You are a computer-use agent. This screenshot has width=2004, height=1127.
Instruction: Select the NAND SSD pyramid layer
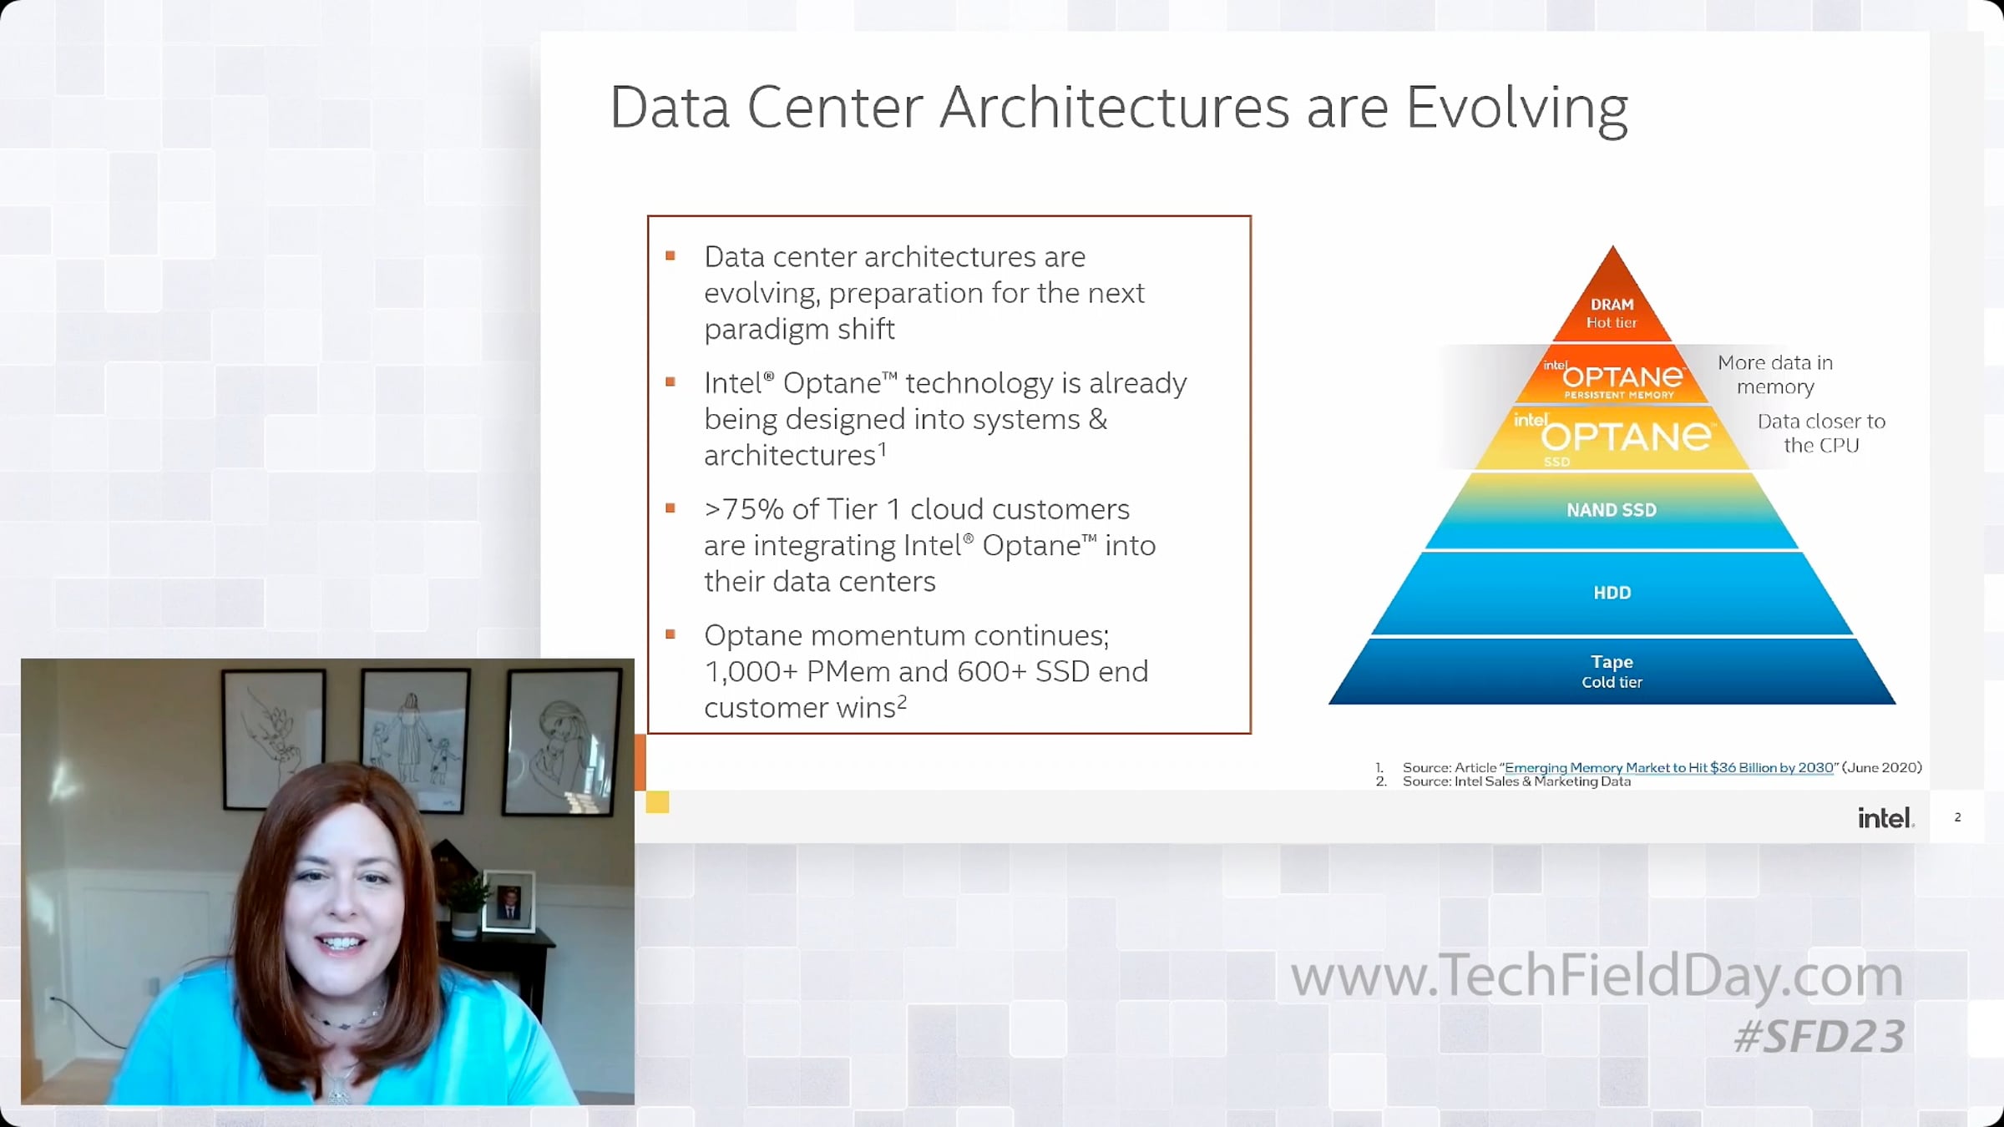(1612, 510)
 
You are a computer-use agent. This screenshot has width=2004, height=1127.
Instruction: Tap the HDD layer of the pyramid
(1612, 593)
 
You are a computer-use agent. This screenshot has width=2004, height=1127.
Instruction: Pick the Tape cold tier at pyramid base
(1612, 671)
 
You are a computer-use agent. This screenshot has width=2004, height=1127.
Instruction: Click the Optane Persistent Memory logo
(1615, 379)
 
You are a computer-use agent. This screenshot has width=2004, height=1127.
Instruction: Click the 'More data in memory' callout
(1775, 375)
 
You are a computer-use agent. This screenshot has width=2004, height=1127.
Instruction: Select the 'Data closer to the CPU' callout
(1821, 433)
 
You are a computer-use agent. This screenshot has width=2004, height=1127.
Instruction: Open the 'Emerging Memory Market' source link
(1669, 767)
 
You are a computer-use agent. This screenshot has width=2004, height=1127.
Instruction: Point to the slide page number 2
(1957, 817)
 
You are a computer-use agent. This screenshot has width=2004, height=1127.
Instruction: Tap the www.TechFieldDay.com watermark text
(1597, 976)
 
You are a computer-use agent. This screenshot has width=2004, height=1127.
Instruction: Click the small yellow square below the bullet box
(657, 802)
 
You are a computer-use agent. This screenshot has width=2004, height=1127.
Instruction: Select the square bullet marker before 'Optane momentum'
(670, 634)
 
